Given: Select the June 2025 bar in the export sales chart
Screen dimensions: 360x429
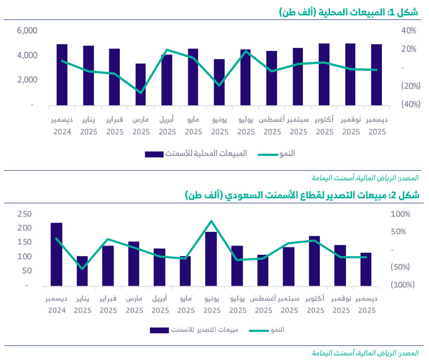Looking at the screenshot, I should [211, 259].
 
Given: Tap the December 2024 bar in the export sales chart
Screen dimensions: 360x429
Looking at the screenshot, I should [56, 254].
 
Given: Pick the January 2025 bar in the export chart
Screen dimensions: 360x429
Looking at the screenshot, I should [82, 272].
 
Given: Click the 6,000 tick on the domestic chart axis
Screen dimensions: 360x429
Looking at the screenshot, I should [27, 31].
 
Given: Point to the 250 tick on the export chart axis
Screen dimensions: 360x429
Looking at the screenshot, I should [24, 214].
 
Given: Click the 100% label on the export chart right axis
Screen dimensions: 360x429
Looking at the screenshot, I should [401, 214].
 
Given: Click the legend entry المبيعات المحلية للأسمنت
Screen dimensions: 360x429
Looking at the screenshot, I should [196, 154].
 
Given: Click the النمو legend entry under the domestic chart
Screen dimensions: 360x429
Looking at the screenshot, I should [277, 154].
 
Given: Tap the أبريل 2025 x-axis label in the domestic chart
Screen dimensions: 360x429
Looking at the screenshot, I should [167, 125].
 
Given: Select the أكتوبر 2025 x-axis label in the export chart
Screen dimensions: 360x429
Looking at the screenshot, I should [315, 304].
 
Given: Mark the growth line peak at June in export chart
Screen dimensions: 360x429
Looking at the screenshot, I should [211, 221].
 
